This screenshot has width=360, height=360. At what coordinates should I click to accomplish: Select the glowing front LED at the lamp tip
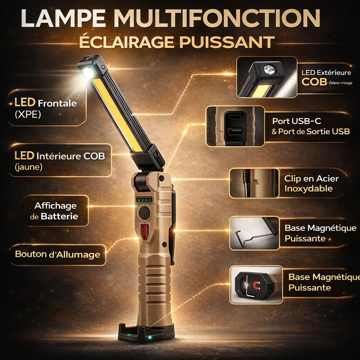(88, 72)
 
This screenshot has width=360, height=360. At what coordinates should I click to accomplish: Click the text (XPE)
(28, 114)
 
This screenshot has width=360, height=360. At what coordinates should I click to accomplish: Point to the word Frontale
(57, 104)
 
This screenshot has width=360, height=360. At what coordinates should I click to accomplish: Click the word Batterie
(59, 217)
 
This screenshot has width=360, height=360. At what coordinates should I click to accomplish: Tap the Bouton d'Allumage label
(58, 255)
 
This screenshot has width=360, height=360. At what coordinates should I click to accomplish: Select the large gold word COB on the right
(314, 82)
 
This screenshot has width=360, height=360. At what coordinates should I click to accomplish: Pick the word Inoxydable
(309, 189)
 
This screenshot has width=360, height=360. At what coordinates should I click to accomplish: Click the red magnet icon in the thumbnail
(256, 285)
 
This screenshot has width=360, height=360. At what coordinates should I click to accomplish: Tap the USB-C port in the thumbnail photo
(235, 117)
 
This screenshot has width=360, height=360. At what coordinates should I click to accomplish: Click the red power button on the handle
(144, 232)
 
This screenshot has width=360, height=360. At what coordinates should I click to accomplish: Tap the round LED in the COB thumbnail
(270, 70)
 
